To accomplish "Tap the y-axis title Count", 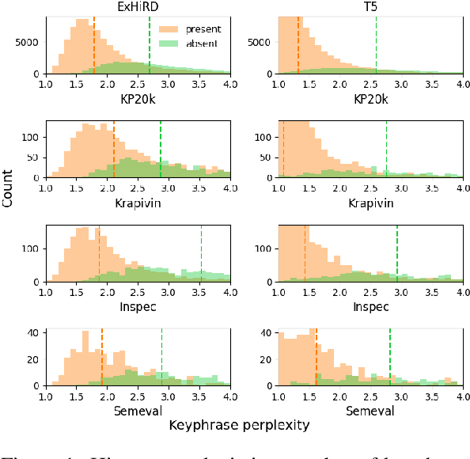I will (x=8, y=191).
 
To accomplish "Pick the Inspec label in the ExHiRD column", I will (x=138, y=306).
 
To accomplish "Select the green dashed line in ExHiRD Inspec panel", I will (x=201, y=253).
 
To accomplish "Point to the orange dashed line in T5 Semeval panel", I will (x=316, y=357).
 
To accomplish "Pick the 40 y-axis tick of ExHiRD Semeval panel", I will (x=34, y=333).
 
